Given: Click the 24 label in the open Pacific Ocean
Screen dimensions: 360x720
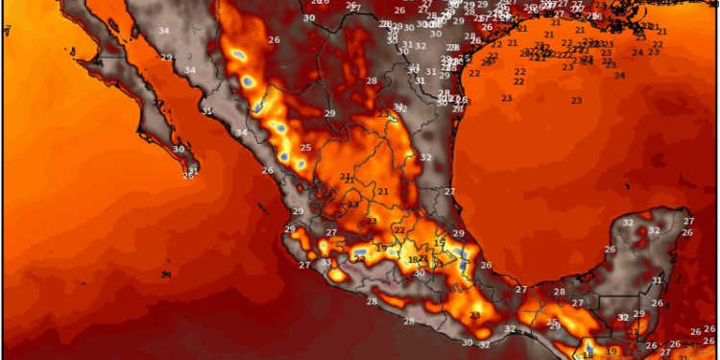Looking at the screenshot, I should tap(167, 275).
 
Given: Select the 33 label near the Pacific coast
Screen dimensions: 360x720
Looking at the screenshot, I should tap(325, 262).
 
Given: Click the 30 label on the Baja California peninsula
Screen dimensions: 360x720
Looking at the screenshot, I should tap(179, 149).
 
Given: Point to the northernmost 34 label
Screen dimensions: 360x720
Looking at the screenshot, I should tap(163, 32).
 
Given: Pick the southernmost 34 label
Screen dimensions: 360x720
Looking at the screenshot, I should tap(241, 132).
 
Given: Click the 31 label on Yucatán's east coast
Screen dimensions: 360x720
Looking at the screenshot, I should tap(658, 280).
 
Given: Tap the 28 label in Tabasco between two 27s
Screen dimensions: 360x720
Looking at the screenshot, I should tap(559, 292).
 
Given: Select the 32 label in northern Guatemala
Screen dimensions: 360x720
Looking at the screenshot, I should tap(622, 317).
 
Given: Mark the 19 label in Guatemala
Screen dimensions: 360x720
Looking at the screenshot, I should tap(612, 350).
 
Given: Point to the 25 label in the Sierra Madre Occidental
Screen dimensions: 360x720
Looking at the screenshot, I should tap(305, 148).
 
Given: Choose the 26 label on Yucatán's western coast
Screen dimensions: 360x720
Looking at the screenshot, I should tap(609, 250).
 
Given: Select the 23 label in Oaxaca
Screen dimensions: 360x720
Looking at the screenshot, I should tap(474, 315).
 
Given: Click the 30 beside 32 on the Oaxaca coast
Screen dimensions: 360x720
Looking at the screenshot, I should tap(467, 343).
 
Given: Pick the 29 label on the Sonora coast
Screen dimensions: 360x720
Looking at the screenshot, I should tap(166, 58).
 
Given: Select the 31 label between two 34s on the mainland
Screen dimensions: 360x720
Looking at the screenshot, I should tap(206, 110).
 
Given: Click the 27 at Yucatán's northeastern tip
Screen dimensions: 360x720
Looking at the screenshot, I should tap(687, 222).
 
